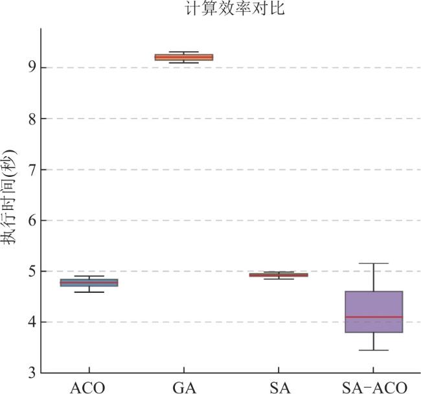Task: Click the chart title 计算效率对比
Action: [235, 8]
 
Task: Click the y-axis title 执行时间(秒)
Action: [8, 197]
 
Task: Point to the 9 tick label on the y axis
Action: [32, 67]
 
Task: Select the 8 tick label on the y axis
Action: [32, 119]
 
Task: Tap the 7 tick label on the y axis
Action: [32, 170]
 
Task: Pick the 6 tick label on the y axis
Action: [32, 220]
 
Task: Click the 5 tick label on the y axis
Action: [32, 272]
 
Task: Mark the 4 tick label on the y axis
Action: [32, 322]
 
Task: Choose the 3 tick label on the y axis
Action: [32, 373]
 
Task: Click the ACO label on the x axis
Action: [87, 388]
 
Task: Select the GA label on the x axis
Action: [184, 388]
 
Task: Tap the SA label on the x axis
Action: [280, 388]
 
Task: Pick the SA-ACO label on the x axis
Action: [374, 388]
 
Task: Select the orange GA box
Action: [184, 57]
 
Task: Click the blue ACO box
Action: [89, 283]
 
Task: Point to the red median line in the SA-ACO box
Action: [374, 317]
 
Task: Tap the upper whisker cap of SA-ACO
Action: [374, 263]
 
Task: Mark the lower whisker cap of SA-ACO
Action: [374, 350]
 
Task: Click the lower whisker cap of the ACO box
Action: [89, 292]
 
